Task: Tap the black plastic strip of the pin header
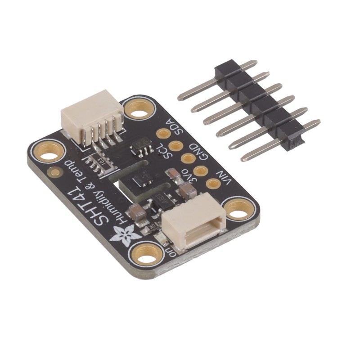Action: click(x=259, y=103)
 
